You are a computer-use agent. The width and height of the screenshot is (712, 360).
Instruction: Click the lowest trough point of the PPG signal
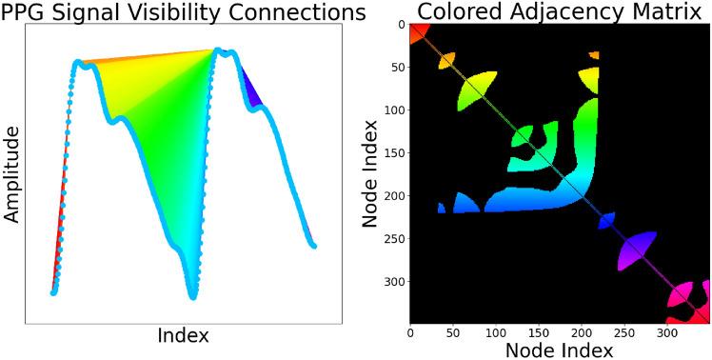coord(193,296)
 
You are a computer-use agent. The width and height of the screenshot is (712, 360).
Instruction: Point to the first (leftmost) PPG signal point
coord(53,291)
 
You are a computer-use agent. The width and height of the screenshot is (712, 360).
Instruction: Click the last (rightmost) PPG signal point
coord(313,246)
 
